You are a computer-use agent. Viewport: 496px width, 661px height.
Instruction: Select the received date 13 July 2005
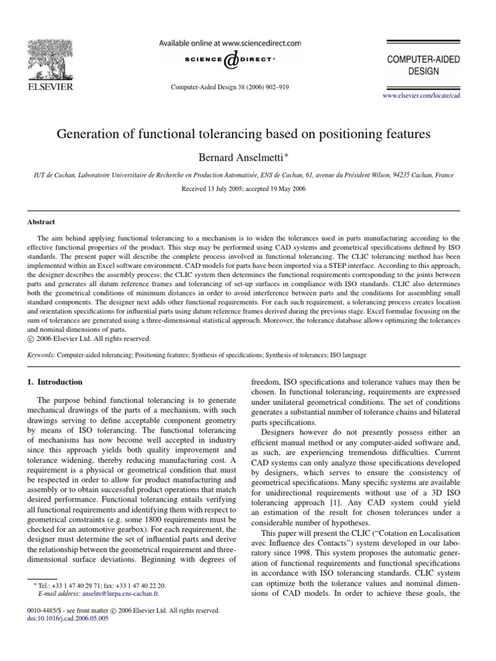(x=223, y=189)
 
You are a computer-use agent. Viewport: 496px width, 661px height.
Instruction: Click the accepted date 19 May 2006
(x=287, y=189)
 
